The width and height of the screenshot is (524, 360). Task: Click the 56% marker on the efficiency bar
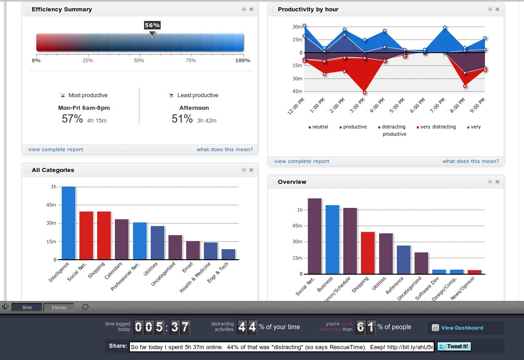pyautogui.click(x=152, y=26)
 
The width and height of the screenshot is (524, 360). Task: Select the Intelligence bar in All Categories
pyautogui.click(x=69, y=223)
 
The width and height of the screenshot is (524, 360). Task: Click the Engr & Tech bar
pyautogui.click(x=228, y=254)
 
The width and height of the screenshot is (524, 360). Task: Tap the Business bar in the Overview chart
pyautogui.click(x=332, y=239)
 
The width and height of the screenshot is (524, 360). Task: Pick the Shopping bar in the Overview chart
pyautogui.click(x=368, y=253)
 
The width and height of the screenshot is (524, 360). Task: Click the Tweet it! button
pyautogui.click(x=455, y=346)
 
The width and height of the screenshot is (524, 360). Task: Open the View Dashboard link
pyautogui.click(x=462, y=328)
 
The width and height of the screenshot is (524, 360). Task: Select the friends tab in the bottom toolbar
pyautogui.click(x=59, y=307)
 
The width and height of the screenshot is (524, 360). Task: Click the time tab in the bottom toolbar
pyautogui.click(x=27, y=307)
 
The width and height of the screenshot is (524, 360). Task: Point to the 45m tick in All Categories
pyautogui.click(x=50, y=205)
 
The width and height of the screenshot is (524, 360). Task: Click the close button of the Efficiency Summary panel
pyautogui.click(x=251, y=10)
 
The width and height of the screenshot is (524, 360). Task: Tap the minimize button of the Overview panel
pyautogui.click(x=490, y=182)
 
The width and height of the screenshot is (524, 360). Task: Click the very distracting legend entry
pyautogui.click(x=438, y=127)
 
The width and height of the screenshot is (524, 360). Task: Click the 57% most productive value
pyautogui.click(x=72, y=119)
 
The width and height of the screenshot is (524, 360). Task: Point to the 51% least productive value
pyautogui.click(x=182, y=119)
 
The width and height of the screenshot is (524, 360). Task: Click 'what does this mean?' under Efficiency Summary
pyautogui.click(x=224, y=149)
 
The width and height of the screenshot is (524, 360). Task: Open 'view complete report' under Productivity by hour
pyautogui.click(x=302, y=161)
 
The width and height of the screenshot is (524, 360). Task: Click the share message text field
pyautogui.click(x=282, y=347)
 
